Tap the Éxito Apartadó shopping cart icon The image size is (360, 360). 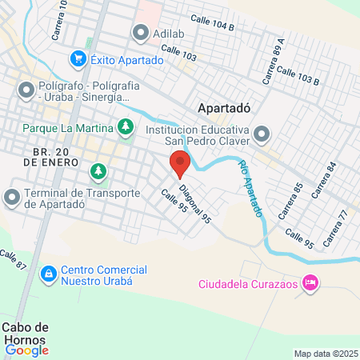pyautogui.click(x=78, y=58)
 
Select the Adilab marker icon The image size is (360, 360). pyautogui.click(x=142, y=34)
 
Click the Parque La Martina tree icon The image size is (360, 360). pyautogui.click(x=125, y=126)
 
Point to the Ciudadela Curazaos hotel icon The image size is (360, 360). pyautogui.click(x=311, y=283)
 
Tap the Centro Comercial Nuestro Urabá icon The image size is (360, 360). pyautogui.click(x=48, y=274)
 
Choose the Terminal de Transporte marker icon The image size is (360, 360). pyautogui.click(x=12, y=196)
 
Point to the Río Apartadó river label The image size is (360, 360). pyautogui.click(x=250, y=188)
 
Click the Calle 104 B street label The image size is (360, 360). pyautogui.click(x=212, y=26)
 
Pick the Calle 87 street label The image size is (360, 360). pyautogui.click(x=14, y=260)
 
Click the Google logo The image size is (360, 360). pyautogui.click(x=26, y=349)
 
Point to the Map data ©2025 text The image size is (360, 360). pyautogui.click(x=326, y=354)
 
